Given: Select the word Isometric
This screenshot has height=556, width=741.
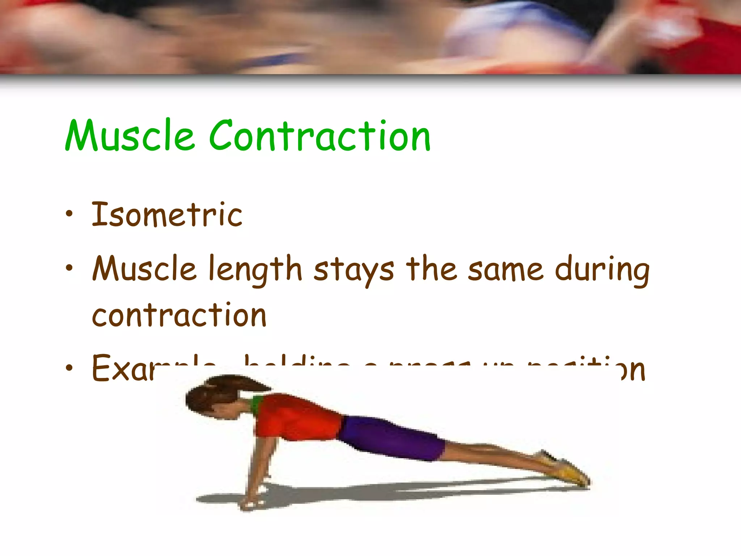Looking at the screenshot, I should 167,215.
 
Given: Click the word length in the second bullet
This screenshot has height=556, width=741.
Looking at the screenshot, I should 255,270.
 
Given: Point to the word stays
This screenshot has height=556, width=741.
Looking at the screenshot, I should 353,270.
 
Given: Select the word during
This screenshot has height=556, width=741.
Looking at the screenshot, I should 602,270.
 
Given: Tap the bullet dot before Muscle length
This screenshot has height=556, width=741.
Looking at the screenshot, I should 69,268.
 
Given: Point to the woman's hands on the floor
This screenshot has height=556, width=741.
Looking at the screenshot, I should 253,501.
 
